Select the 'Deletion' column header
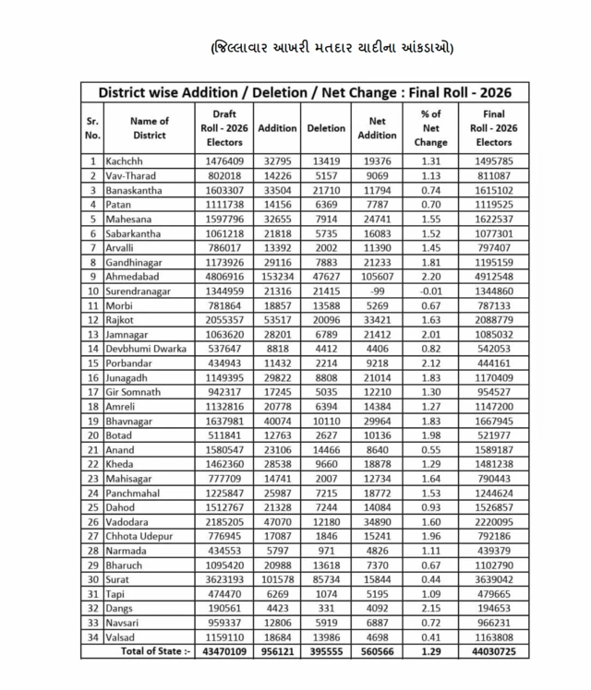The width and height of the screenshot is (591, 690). point(326,128)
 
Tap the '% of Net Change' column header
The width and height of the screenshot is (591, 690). point(429,128)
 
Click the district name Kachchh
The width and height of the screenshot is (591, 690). point(123,161)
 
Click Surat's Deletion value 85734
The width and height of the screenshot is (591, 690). point(326,579)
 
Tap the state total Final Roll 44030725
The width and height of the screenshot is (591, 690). point(493,652)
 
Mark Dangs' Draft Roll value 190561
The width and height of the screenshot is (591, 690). point(224,609)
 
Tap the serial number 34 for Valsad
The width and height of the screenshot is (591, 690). point(92,637)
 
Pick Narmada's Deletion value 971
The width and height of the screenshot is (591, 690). point(326,551)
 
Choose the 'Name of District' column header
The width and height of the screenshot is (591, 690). point(150,128)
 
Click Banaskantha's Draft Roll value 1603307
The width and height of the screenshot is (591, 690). point(224,190)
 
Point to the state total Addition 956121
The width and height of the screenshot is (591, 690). point(277,652)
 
